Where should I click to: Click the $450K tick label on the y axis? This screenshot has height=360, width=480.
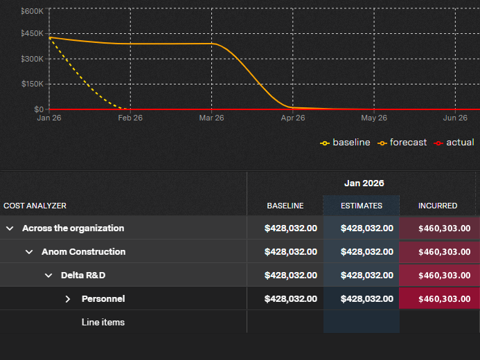(32, 33)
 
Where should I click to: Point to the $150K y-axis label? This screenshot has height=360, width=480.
(32, 84)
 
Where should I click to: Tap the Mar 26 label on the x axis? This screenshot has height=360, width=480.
(211, 118)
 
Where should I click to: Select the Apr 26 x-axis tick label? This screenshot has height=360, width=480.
(293, 118)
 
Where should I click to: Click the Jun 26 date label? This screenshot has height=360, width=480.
(455, 118)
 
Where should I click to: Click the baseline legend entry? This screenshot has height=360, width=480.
(345, 143)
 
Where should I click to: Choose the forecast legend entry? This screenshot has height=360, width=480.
(402, 143)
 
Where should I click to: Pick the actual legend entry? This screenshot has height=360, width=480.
(454, 143)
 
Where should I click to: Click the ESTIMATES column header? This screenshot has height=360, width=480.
(362, 206)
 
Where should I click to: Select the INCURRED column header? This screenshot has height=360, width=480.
(438, 206)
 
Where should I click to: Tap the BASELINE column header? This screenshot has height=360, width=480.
(285, 206)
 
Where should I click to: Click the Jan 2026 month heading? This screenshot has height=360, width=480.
(364, 183)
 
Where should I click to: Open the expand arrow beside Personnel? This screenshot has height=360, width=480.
(68, 299)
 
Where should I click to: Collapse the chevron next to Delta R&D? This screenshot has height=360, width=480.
(48, 276)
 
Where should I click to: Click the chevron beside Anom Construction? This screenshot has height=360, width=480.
(29, 252)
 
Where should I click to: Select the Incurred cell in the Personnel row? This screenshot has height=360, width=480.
(445, 299)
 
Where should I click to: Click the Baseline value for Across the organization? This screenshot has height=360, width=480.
(291, 228)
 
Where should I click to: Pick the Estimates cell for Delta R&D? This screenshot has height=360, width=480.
(367, 276)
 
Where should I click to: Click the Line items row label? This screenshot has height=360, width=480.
(103, 322)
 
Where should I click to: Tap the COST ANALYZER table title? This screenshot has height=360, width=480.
(35, 206)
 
